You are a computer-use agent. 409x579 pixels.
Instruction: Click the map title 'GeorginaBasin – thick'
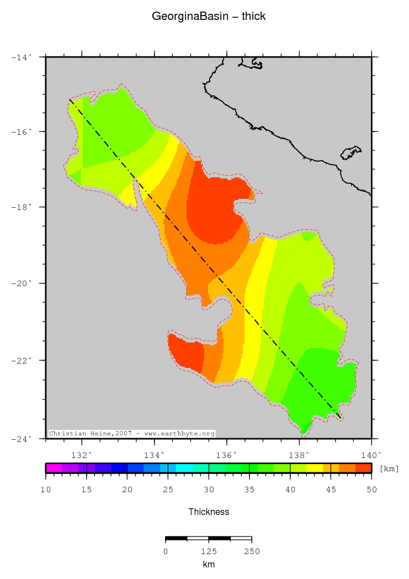(209, 17)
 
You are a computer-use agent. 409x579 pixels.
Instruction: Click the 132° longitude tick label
(82, 455)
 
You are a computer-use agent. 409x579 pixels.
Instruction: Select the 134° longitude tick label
(155, 455)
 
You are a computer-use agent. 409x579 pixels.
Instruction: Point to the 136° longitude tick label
(227, 455)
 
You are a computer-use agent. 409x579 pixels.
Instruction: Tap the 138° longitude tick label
(299, 455)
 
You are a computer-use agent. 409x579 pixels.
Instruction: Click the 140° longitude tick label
(371, 455)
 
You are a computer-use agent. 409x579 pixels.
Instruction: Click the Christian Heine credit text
(132, 434)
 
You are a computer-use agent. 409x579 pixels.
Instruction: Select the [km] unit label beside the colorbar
(389, 469)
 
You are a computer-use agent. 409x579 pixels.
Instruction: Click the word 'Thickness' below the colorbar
(209, 512)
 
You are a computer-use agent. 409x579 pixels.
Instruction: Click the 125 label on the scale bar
(209, 551)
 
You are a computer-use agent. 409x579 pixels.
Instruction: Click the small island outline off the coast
(350, 152)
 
